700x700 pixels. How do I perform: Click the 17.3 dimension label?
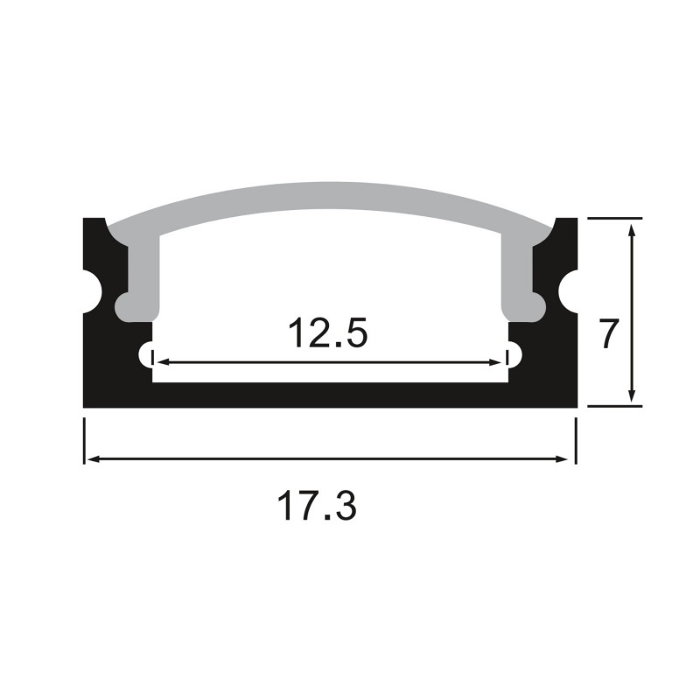[x=317, y=507]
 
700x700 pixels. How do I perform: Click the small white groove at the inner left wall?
[x=146, y=354]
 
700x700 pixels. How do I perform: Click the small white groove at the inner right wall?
[x=514, y=354]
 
